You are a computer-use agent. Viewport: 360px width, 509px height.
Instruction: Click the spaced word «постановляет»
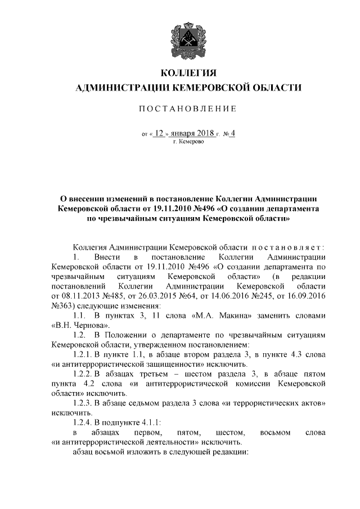point(288,247)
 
